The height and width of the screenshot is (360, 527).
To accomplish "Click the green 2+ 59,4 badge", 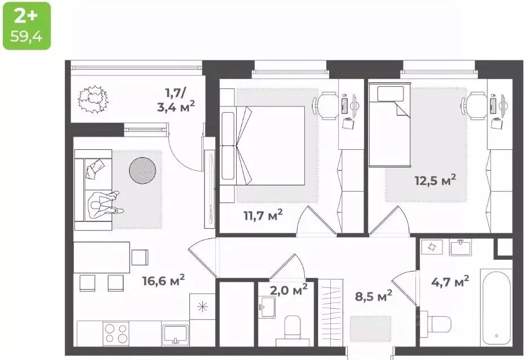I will point(26,25).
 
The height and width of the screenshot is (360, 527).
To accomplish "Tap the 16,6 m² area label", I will point(163,280).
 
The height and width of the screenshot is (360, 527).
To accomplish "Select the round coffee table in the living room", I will point(143,169).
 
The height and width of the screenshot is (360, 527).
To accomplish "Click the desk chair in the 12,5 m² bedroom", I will point(474,105).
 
